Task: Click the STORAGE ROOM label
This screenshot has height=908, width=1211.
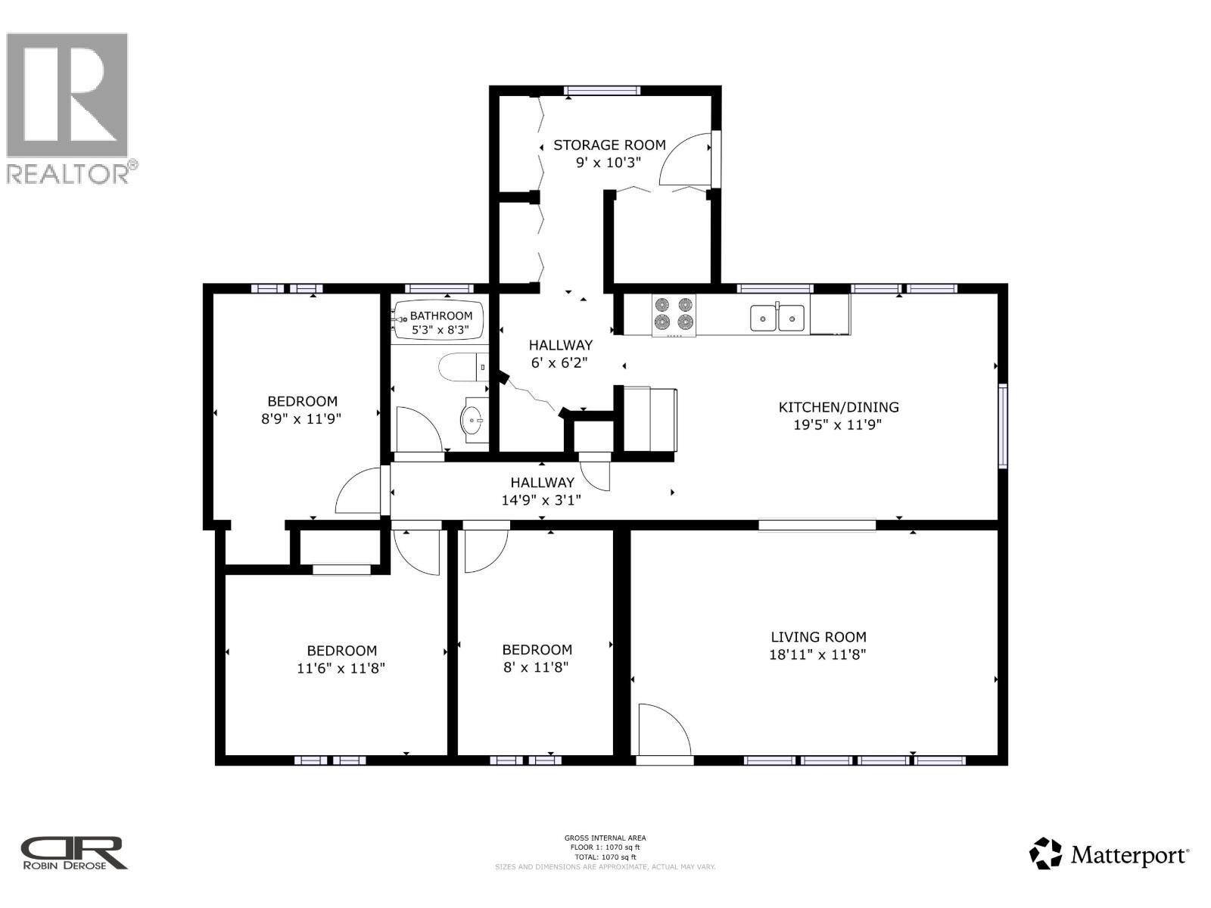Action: click(609, 145)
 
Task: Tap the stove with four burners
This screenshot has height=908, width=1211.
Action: click(674, 314)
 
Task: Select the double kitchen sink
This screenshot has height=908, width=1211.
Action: click(777, 317)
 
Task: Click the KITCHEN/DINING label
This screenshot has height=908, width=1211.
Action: click(839, 407)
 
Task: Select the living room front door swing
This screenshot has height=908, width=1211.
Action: click(662, 730)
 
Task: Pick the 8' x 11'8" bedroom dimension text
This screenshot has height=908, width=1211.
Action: click(537, 667)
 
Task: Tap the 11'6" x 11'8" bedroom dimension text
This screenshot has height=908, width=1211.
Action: click(341, 668)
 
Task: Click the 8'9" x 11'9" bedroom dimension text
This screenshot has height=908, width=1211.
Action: click(302, 419)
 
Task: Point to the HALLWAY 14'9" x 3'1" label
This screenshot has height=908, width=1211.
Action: click(542, 491)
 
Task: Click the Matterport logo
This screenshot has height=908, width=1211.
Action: click(1110, 855)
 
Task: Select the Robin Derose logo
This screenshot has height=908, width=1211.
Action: click(73, 854)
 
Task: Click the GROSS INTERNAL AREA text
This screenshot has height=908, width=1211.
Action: click(605, 838)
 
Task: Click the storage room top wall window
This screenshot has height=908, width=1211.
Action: click(602, 91)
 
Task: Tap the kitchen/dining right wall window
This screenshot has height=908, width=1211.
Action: click(1003, 426)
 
